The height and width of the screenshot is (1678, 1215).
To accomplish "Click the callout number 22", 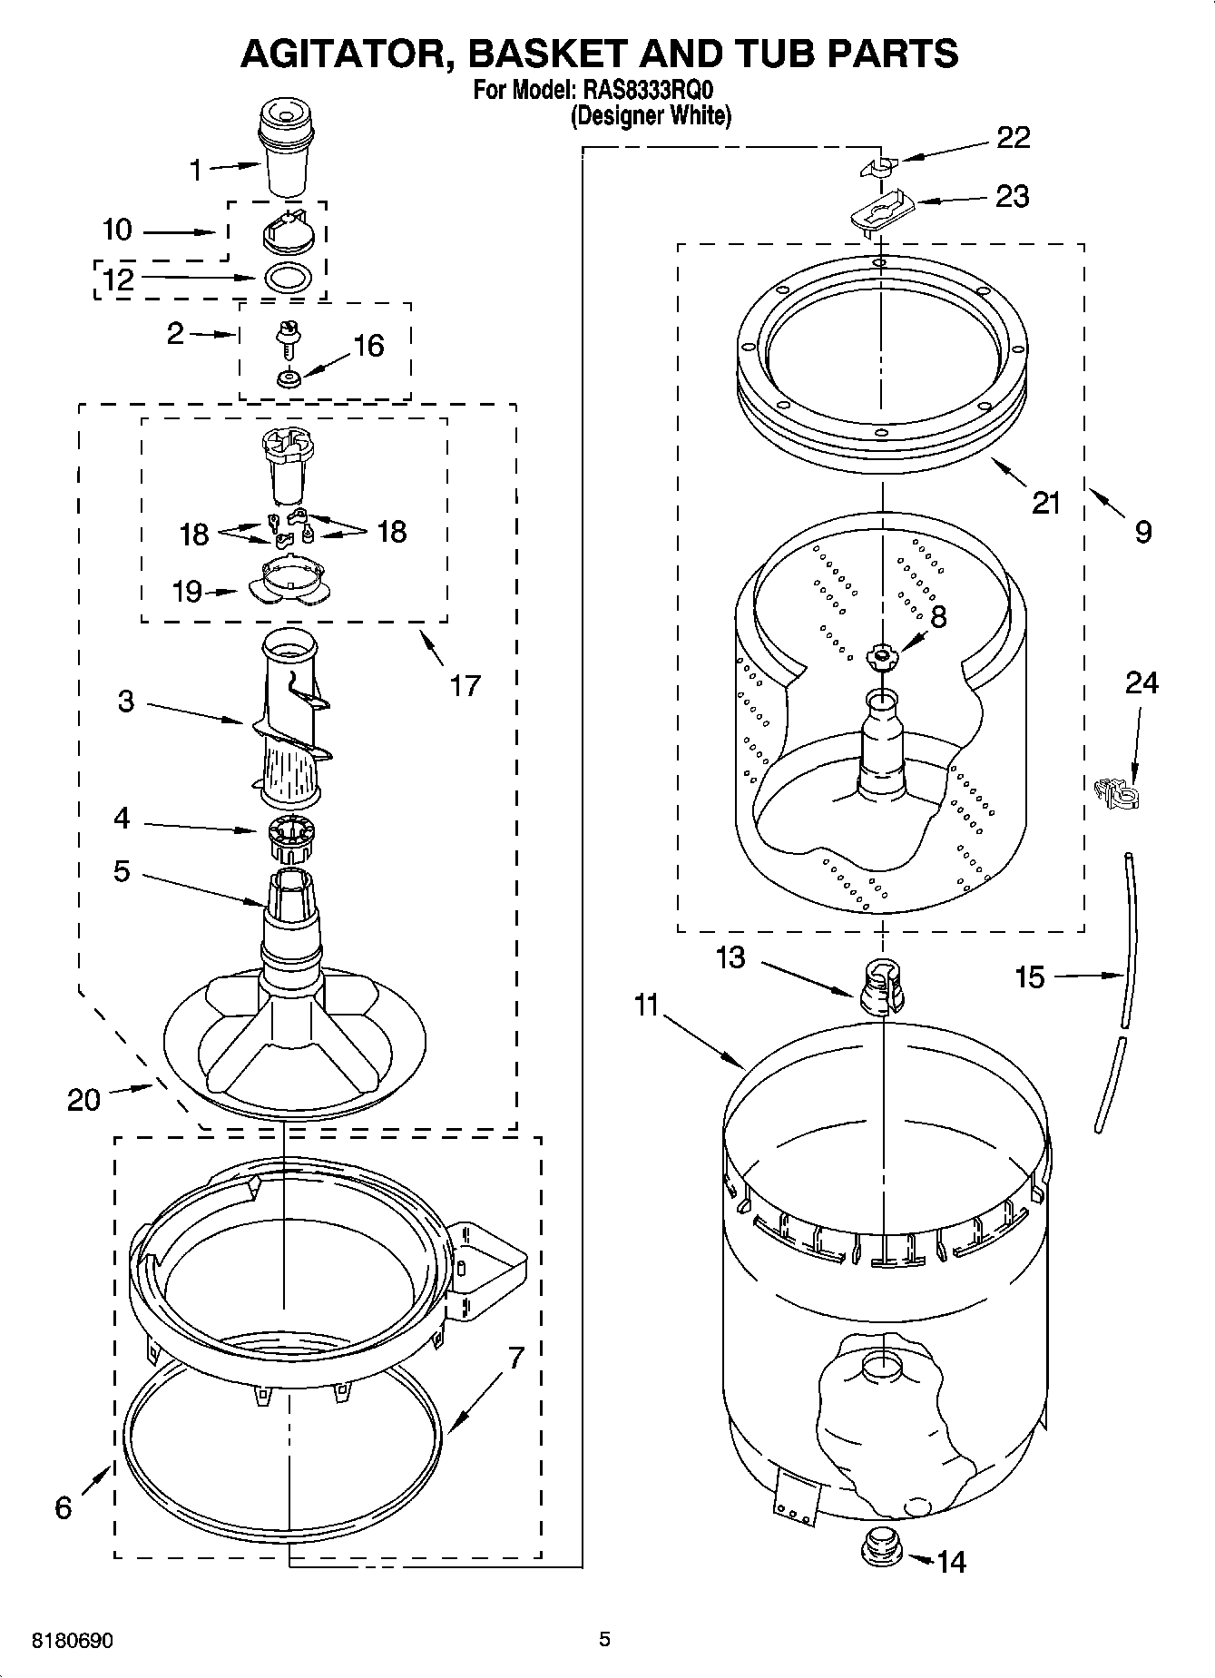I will (x=1014, y=138).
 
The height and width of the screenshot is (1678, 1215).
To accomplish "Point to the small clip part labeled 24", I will (x=1116, y=793).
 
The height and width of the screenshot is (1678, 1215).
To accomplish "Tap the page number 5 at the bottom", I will (x=604, y=1639).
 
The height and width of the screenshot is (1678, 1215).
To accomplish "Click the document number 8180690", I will (x=73, y=1641).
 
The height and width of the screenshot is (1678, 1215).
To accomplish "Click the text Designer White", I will (x=651, y=116).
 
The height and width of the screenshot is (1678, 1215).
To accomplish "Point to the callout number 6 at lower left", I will (x=63, y=1507).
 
